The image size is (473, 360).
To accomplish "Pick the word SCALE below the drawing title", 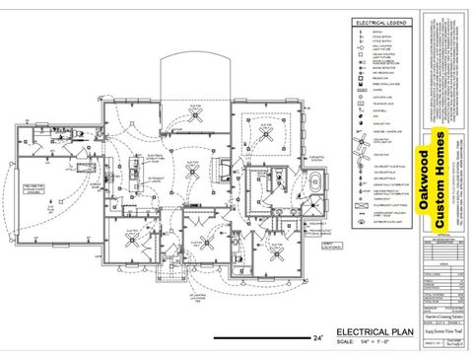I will pyautogui.click(x=344, y=342).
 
